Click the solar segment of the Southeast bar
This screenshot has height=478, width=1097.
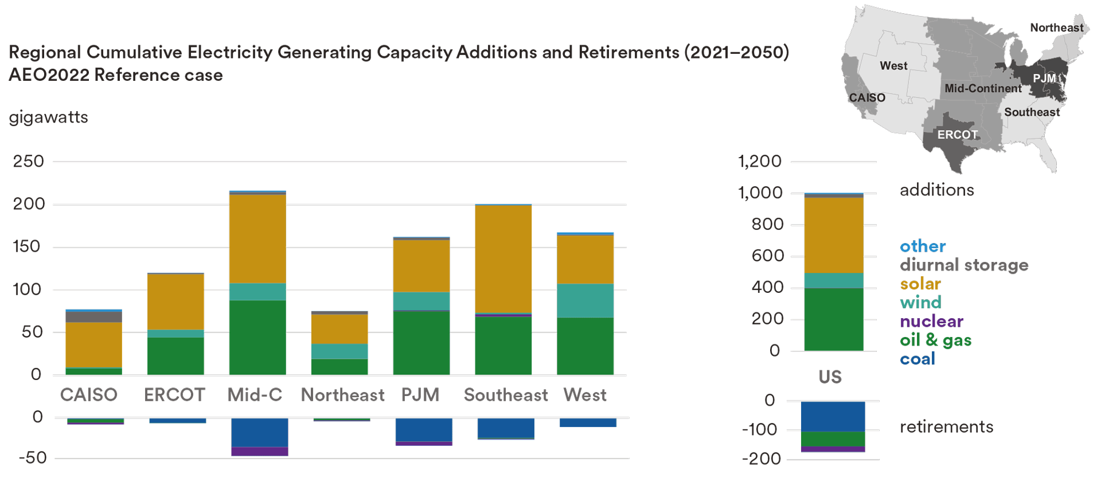coord(503,258)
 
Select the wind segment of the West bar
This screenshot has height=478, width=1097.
coord(585,300)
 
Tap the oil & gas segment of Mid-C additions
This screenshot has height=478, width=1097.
coord(257,337)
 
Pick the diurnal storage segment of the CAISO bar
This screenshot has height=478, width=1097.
coord(93,316)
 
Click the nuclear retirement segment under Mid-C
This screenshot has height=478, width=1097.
coord(259,451)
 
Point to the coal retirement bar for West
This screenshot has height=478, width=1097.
coord(588,422)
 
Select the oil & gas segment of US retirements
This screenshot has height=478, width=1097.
coord(833,438)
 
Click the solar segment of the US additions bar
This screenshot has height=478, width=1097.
coord(833,235)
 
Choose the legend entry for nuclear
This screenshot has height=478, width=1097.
coord(931,321)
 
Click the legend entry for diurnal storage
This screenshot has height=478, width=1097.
coord(963,265)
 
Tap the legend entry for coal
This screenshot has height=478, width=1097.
coord(917,359)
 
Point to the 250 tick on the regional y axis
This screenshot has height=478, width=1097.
coord(28,161)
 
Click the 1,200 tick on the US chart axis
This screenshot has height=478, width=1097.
coord(759,161)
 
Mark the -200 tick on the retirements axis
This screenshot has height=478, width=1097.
coord(761,459)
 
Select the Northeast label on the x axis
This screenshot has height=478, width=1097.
coord(342,395)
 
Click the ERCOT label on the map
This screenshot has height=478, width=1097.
coord(957,135)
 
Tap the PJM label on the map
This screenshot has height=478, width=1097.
coord(1044,78)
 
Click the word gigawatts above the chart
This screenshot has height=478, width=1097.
coord(49,117)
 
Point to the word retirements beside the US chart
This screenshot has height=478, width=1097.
coord(946,426)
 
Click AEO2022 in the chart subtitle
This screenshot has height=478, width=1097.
coord(49,75)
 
